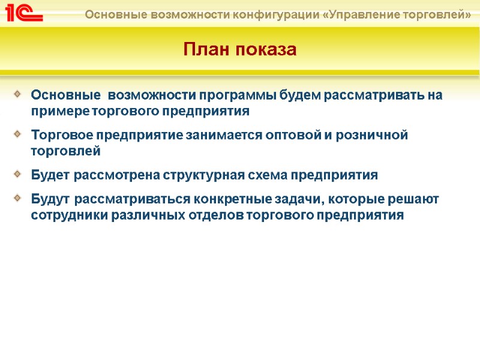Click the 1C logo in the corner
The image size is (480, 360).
(x=23, y=13)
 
